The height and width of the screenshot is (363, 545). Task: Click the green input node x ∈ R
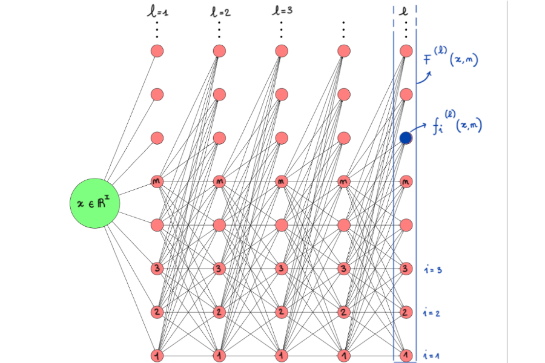click(x=94, y=204)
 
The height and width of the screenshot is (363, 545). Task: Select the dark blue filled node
click(x=406, y=138)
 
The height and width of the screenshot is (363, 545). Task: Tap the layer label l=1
click(x=159, y=11)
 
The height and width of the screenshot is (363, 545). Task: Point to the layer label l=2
click(x=220, y=11)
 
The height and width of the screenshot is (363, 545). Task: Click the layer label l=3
click(x=283, y=10)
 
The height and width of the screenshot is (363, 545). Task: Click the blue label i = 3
click(x=432, y=270)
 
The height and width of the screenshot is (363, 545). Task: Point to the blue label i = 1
click(x=432, y=355)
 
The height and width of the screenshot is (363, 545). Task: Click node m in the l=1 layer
click(x=157, y=181)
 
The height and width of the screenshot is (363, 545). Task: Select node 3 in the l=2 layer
click(x=219, y=268)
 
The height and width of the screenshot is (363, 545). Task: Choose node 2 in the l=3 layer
click(x=282, y=312)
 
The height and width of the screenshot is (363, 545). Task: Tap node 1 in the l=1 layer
click(x=157, y=355)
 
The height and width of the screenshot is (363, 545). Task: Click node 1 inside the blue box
click(x=406, y=355)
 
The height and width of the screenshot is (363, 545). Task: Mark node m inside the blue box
click(x=406, y=181)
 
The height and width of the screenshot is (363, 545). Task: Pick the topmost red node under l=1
click(x=157, y=51)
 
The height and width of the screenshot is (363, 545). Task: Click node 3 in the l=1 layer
click(x=157, y=268)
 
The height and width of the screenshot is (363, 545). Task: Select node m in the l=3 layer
click(x=282, y=181)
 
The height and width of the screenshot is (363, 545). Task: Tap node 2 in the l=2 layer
click(x=219, y=312)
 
